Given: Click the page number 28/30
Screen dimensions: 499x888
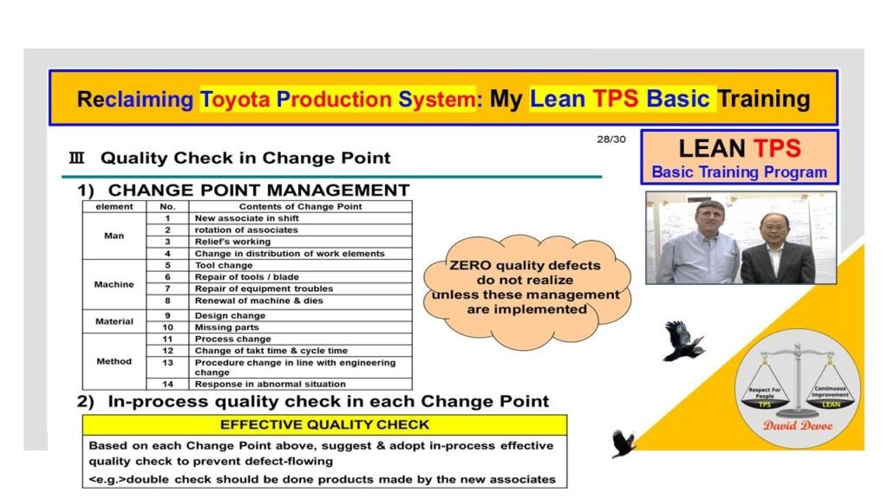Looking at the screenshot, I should coord(610,139).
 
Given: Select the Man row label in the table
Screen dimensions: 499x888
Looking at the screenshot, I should coord(114,236).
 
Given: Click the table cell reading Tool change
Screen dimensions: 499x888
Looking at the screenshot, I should coord(224,265).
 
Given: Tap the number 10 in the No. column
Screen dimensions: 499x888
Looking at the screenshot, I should coord(167,327).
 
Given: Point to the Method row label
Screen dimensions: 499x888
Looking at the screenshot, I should coord(114,361).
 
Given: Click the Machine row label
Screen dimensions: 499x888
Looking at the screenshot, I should coord(114,283).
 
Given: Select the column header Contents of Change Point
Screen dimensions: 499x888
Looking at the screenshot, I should coord(300,206).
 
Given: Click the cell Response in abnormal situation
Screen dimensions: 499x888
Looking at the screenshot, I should coord(270,384).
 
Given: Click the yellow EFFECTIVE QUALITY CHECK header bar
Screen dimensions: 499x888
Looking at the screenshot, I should coord(324,424).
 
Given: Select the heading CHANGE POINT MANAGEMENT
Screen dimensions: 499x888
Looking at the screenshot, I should coord(258,190).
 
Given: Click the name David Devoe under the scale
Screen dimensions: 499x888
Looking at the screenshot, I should coord(797,425).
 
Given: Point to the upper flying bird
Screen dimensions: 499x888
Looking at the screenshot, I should coord(683,340).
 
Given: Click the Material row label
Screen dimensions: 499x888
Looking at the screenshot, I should coord(114,321).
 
